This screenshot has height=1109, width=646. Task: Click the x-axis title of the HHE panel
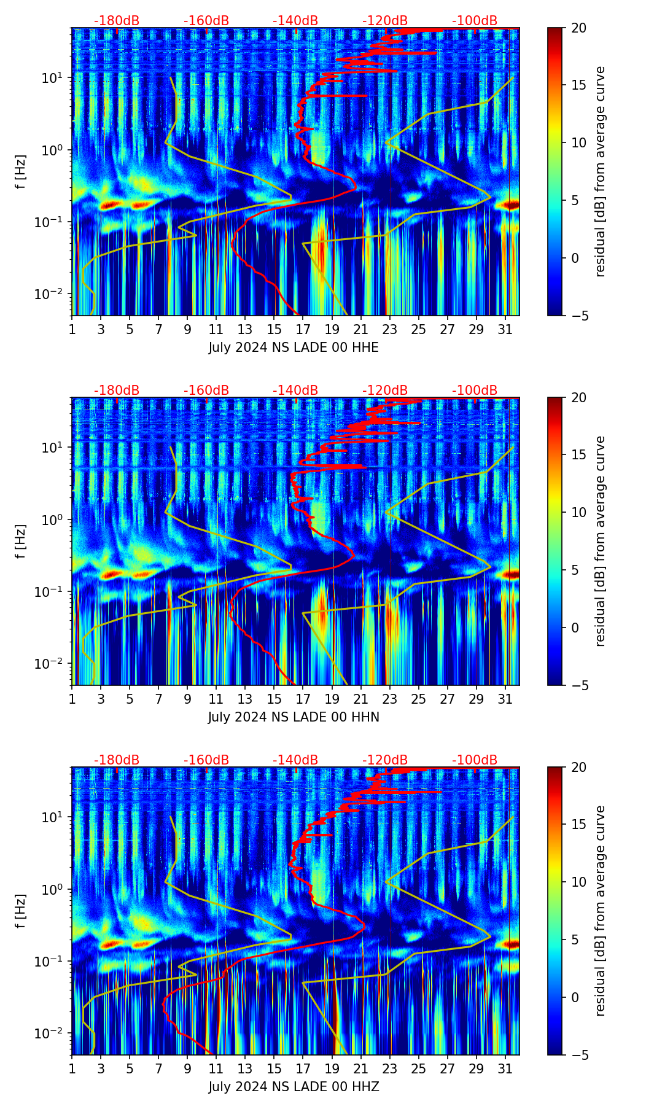point(294,348)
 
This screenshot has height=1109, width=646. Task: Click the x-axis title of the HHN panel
point(294,717)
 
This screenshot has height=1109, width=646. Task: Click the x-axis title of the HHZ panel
point(294,1087)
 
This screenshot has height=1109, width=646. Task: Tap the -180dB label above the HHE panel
point(117,21)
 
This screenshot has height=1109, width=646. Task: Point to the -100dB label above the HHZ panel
point(475,760)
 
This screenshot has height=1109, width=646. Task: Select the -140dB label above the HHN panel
point(295,391)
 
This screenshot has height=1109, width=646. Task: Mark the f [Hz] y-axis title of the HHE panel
point(21,172)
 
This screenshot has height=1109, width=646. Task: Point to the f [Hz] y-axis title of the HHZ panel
point(21,911)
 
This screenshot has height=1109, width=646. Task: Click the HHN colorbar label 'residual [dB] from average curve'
point(601,541)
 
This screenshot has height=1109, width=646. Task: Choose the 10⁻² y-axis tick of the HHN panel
point(56,664)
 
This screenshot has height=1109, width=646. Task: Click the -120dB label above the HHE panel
point(385,21)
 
